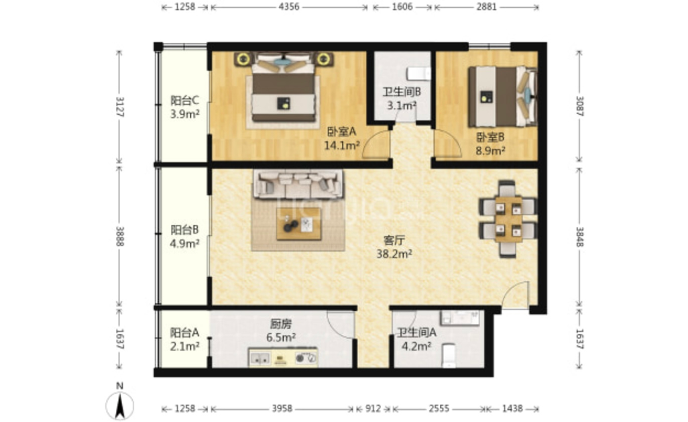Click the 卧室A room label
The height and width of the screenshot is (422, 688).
click(341, 131)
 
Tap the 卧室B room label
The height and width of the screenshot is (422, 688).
click(490, 138)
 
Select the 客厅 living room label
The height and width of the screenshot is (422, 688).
click(394, 240)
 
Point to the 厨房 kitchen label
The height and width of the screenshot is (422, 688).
click(280, 325)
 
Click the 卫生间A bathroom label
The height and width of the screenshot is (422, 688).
click(416, 333)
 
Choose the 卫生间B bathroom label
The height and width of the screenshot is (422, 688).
click(402, 92)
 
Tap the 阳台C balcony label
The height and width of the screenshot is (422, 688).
click(184, 101)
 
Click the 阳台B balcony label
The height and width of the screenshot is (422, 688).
click(184, 229)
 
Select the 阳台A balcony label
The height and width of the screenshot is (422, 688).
click(184, 332)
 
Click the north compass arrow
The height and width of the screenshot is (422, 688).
click(120, 405)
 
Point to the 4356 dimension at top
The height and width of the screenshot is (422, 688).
click(289, 7)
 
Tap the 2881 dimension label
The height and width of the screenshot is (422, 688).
click(486, 7)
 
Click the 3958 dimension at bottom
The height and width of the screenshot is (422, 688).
click(282, 409)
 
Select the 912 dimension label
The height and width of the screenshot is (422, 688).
click(373, 409)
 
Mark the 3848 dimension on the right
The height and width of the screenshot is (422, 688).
click(579, 237)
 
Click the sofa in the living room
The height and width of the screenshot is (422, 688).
click(298, 184)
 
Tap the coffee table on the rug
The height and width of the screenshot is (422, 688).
click(299, 223)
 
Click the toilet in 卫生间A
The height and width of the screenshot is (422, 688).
click(449, 356)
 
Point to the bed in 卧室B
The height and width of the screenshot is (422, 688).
click(502, 96)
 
